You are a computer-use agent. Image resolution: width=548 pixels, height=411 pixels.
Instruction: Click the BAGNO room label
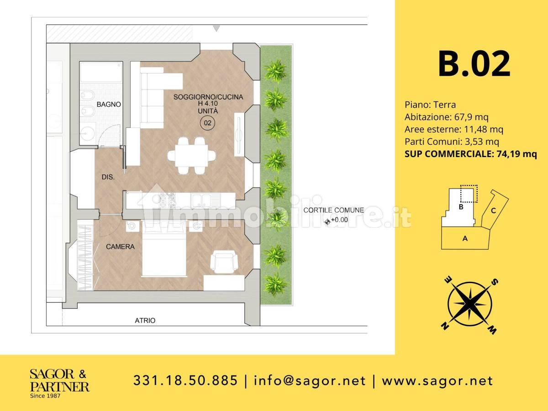coord(109,104)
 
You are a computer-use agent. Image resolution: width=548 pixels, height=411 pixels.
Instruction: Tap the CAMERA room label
coord(120,247)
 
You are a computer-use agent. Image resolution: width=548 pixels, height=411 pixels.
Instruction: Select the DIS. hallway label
coord(108,177)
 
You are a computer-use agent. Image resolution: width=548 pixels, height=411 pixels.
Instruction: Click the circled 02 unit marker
coord(207,123)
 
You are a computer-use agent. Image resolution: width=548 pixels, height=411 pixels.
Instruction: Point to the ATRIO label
coord(145,321)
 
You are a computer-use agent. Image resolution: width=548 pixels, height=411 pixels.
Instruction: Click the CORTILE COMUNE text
coord(333,210)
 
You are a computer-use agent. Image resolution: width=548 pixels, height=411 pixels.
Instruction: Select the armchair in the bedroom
coord(224,263)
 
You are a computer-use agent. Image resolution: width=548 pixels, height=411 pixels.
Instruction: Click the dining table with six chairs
coord(192,155)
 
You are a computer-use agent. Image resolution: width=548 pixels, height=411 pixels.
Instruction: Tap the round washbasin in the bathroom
coord(88,133)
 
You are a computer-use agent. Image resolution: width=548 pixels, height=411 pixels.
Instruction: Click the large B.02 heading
coord(474,63)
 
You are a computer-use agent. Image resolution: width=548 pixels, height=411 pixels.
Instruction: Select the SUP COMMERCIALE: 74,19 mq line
coord(471,154)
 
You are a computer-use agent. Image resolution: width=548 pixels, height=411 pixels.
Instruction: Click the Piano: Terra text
coord(430,105)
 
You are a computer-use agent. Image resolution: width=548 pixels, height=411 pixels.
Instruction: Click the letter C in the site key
coord(493,211)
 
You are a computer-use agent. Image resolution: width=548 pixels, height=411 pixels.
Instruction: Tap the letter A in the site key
coord(465,238)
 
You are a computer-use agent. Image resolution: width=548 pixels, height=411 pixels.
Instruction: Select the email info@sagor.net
coord(310,381)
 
